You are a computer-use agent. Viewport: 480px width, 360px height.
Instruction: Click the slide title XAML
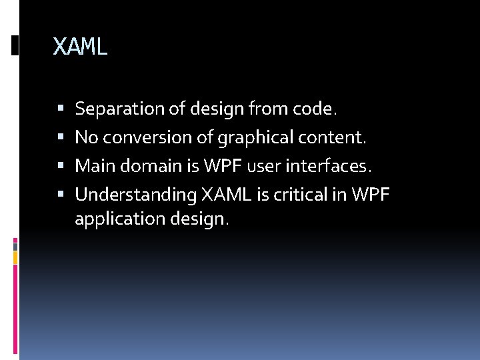click(x=80, y=47)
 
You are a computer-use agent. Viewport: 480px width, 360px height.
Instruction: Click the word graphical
click(x=248, y=137)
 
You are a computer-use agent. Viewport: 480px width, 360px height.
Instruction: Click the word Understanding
click(x=135, y=195)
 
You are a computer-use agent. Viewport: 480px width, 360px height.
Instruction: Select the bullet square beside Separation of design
click(x=60, y=108)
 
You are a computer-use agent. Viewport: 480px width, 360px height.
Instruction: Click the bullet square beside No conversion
click(x=60, y=137)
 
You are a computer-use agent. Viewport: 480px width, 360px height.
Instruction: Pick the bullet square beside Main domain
click(x=60, y=166)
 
